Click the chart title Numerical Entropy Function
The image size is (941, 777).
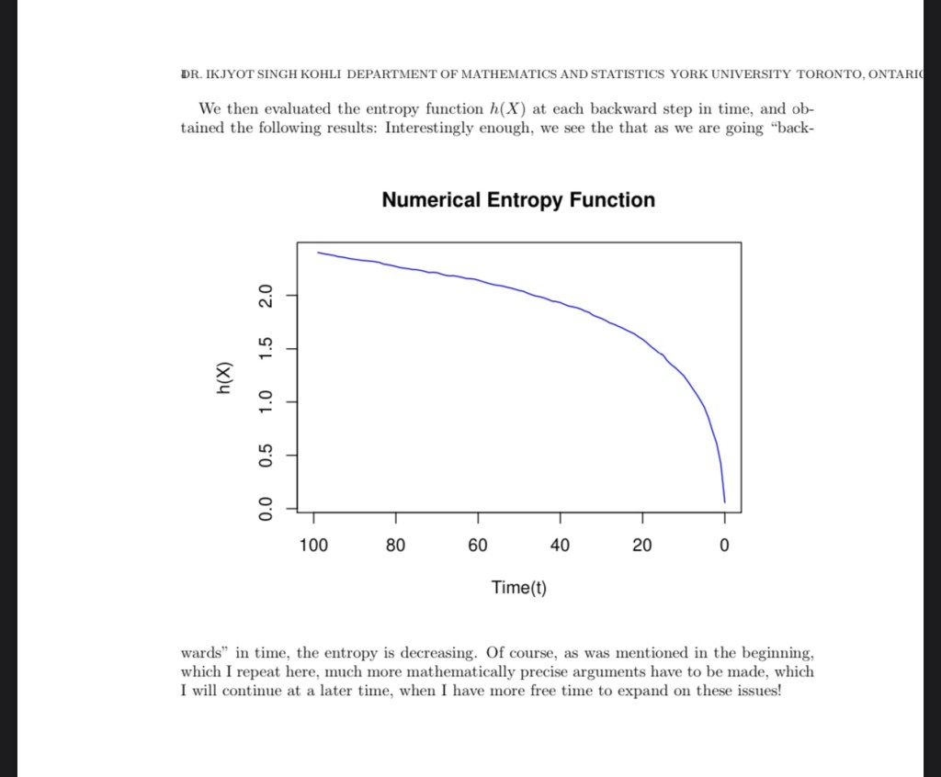point(518,200)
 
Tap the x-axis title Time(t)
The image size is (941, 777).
point(518,588)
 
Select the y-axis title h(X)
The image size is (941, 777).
point(223,378)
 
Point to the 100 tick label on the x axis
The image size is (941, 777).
point(313,546)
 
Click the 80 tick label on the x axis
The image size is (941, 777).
point(395,546)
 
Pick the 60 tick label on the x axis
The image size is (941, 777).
point(478,546)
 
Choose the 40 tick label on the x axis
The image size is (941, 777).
point(560,546)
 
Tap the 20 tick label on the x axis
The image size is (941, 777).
point(641,546)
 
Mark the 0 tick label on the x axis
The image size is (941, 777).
point(724,546)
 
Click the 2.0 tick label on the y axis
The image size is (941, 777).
point(266,296)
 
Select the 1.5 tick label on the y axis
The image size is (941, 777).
point(266,349)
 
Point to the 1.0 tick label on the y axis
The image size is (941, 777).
point(266,402)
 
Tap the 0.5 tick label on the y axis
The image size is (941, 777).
point(266,455)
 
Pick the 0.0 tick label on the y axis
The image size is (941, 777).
point(266,508)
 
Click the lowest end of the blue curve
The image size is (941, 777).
point(724,502)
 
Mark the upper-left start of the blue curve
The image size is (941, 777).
point(318,252)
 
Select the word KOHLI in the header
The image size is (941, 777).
point(315,73)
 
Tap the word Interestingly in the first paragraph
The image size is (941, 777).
point(429,128)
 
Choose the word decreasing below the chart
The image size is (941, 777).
point(436,654)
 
